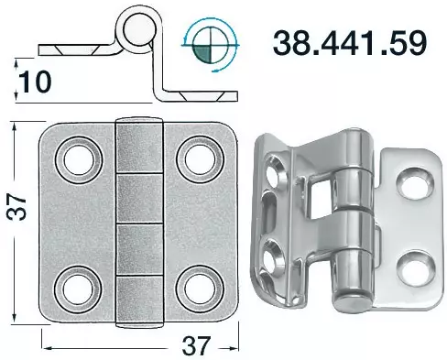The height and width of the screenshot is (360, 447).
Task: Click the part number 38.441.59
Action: [x=349, y=43]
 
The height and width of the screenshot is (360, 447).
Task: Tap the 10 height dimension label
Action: [x=35, y=82]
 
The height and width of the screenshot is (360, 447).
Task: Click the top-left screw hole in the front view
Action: [x=79, y=160]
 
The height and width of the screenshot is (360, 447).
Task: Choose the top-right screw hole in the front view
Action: [x=200, y=160]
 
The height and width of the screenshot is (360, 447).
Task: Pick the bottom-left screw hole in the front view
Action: [x=78, y=289]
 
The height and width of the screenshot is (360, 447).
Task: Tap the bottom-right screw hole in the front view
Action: [x=200, y=289]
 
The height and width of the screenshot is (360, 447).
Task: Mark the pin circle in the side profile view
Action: [x=136, y=30]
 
